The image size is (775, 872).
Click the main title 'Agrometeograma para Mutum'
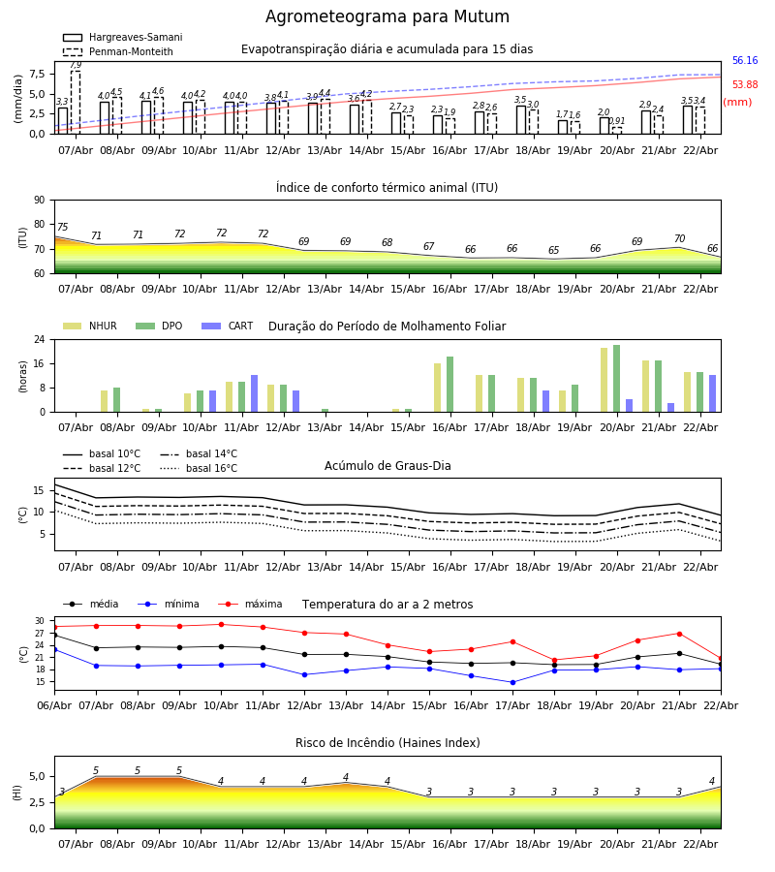pos(387,17)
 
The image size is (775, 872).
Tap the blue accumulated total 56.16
pos(744,61)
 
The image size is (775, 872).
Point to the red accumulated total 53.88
pos(744,85)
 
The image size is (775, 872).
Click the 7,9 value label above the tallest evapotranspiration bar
pos(76,65)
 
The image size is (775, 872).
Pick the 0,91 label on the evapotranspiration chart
pos(617,121)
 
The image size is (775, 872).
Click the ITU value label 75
pos(62,228)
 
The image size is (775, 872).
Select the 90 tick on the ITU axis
pos(39,200)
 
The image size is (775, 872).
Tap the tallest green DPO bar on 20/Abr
pos(616,379)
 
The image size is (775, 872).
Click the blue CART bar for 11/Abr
pos(254,393)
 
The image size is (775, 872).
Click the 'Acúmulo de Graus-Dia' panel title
pos(387,466)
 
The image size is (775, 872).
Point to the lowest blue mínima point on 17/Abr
pos(512,682)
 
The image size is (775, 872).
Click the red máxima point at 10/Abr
pos(221,625)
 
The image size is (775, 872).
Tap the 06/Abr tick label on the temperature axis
pos(54,704)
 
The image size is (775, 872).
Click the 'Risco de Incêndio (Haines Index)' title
pos(387,743)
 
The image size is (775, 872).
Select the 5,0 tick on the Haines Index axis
pos(36,776)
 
